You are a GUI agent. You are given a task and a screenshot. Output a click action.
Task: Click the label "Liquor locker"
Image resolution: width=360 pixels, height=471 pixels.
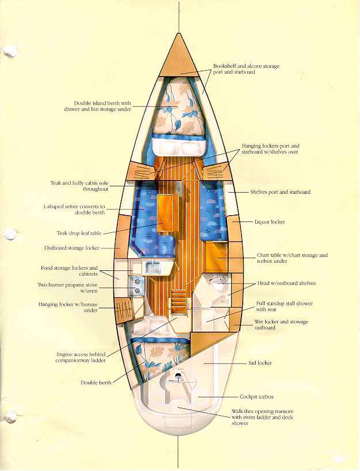pyautogui.click(x=270, y=222)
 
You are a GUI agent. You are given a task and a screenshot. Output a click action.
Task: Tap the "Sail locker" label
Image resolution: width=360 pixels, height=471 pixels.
pyautogui.click(x=260, y=363)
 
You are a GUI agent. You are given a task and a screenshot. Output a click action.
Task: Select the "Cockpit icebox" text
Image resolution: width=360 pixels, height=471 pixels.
pyautogui.click(x=256, y=397)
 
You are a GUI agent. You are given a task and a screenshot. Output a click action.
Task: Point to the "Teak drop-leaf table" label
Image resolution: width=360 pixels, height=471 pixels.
pyautogui.click(x=79, y=233)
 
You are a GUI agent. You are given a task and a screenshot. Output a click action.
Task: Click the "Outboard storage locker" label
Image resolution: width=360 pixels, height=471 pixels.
pyautogui.click(x=72, y=248)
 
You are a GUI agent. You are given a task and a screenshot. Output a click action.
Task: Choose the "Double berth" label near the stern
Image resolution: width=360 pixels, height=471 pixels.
pyautogui.click(x=96, y=382)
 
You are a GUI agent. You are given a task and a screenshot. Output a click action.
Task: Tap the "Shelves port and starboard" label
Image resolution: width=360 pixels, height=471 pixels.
pyautogui.click(x=281, y=192)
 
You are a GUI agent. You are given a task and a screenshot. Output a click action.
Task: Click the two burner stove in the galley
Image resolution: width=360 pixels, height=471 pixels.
pyautogui.click(x=137, y=286)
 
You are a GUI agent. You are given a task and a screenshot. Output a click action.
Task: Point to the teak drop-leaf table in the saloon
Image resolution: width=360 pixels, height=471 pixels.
pyautogui.click(x=166, y=213)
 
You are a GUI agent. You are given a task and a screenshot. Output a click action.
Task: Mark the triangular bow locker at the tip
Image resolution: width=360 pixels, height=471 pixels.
pyautogui.click(x=179, y=56)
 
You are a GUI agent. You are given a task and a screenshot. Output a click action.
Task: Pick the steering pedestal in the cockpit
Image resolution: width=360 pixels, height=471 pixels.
pyautogui.click(x=178, y=376)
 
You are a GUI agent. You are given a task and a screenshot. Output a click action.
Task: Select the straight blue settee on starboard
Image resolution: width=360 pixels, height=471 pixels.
pyautogui.click(x=212, y=211)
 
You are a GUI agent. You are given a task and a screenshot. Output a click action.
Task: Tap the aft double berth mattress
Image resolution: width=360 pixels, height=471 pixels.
pyautogui.click(x=157, y=357)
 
